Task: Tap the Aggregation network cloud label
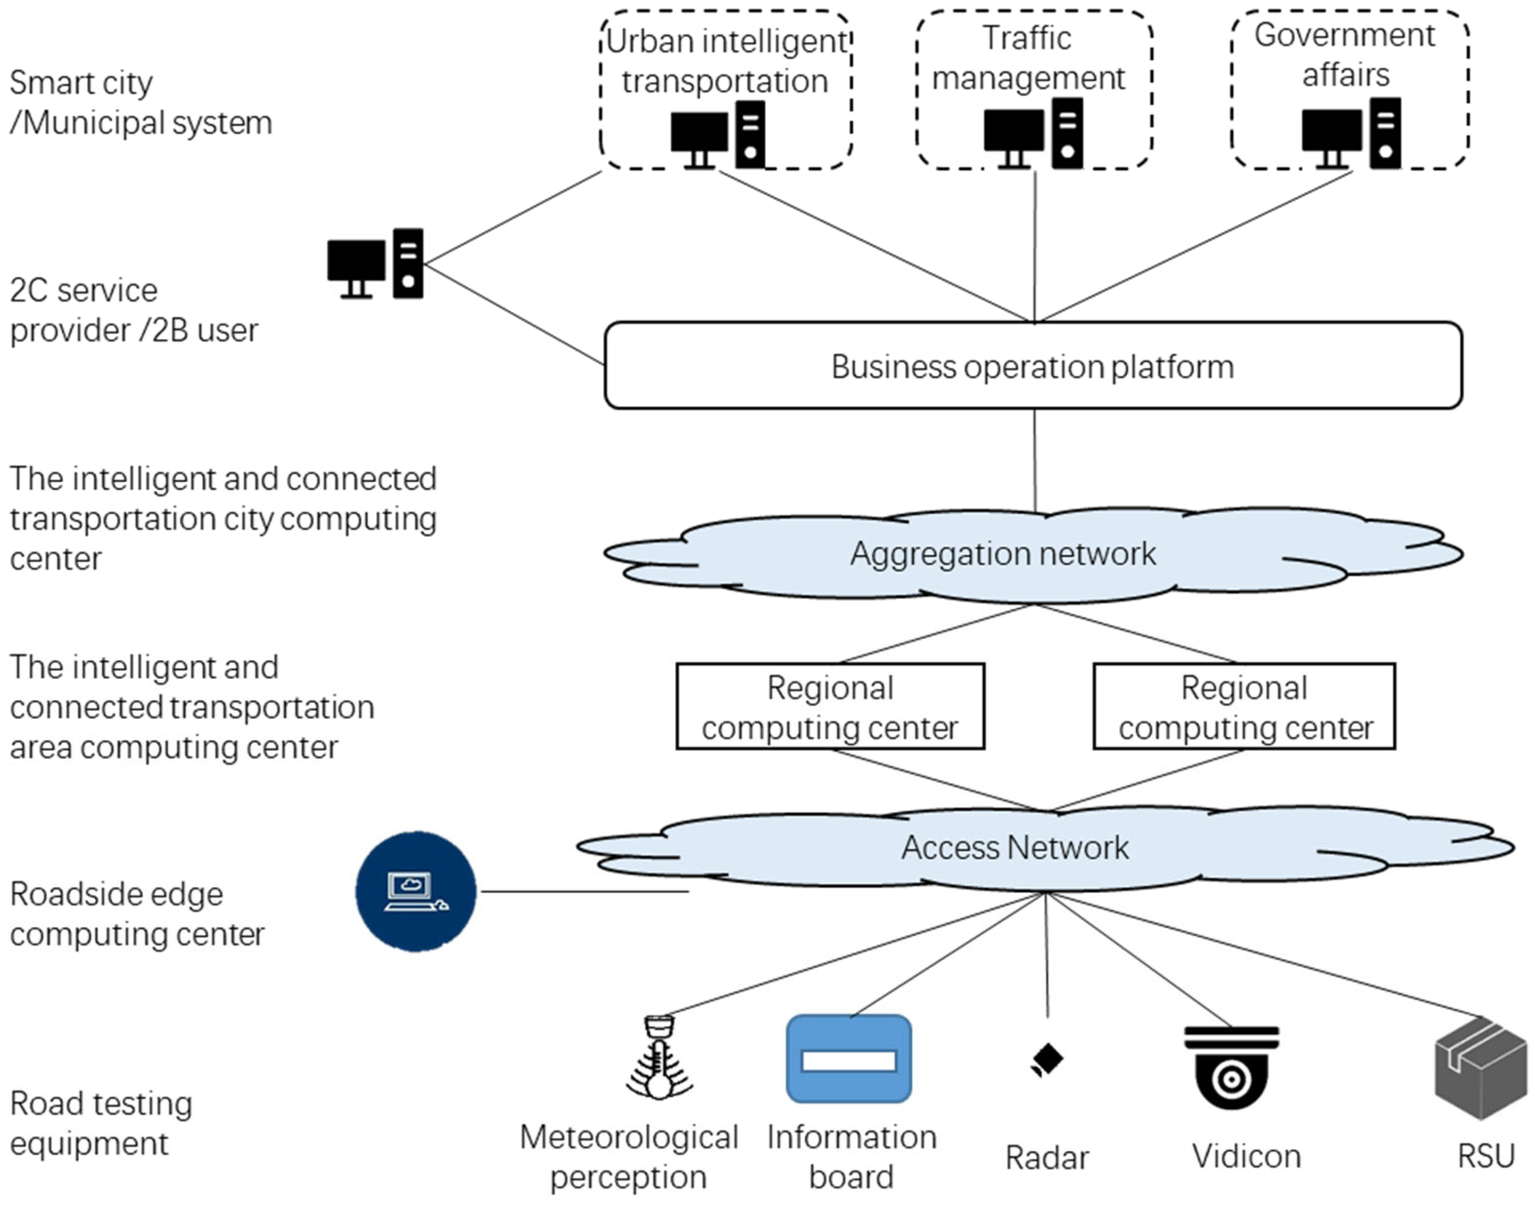(x=1003, y=554)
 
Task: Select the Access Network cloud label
(x=1015, y=847)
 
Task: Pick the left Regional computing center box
(x=830, y=707)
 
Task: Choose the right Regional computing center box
(x=1244, y=707)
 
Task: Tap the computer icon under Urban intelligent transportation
(x=718, y=135)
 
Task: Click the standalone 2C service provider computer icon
(x=375, y=264)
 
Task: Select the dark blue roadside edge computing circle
(x=416, y=891)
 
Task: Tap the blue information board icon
(x=849, y=1059)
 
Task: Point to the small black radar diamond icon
(x=1047, y=1059)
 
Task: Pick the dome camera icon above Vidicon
(x=1231, y=1067)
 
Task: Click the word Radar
(x=1047, y=1158)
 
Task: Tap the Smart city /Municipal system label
(x=140, y=102)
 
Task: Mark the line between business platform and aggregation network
(x=1035, y=460)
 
